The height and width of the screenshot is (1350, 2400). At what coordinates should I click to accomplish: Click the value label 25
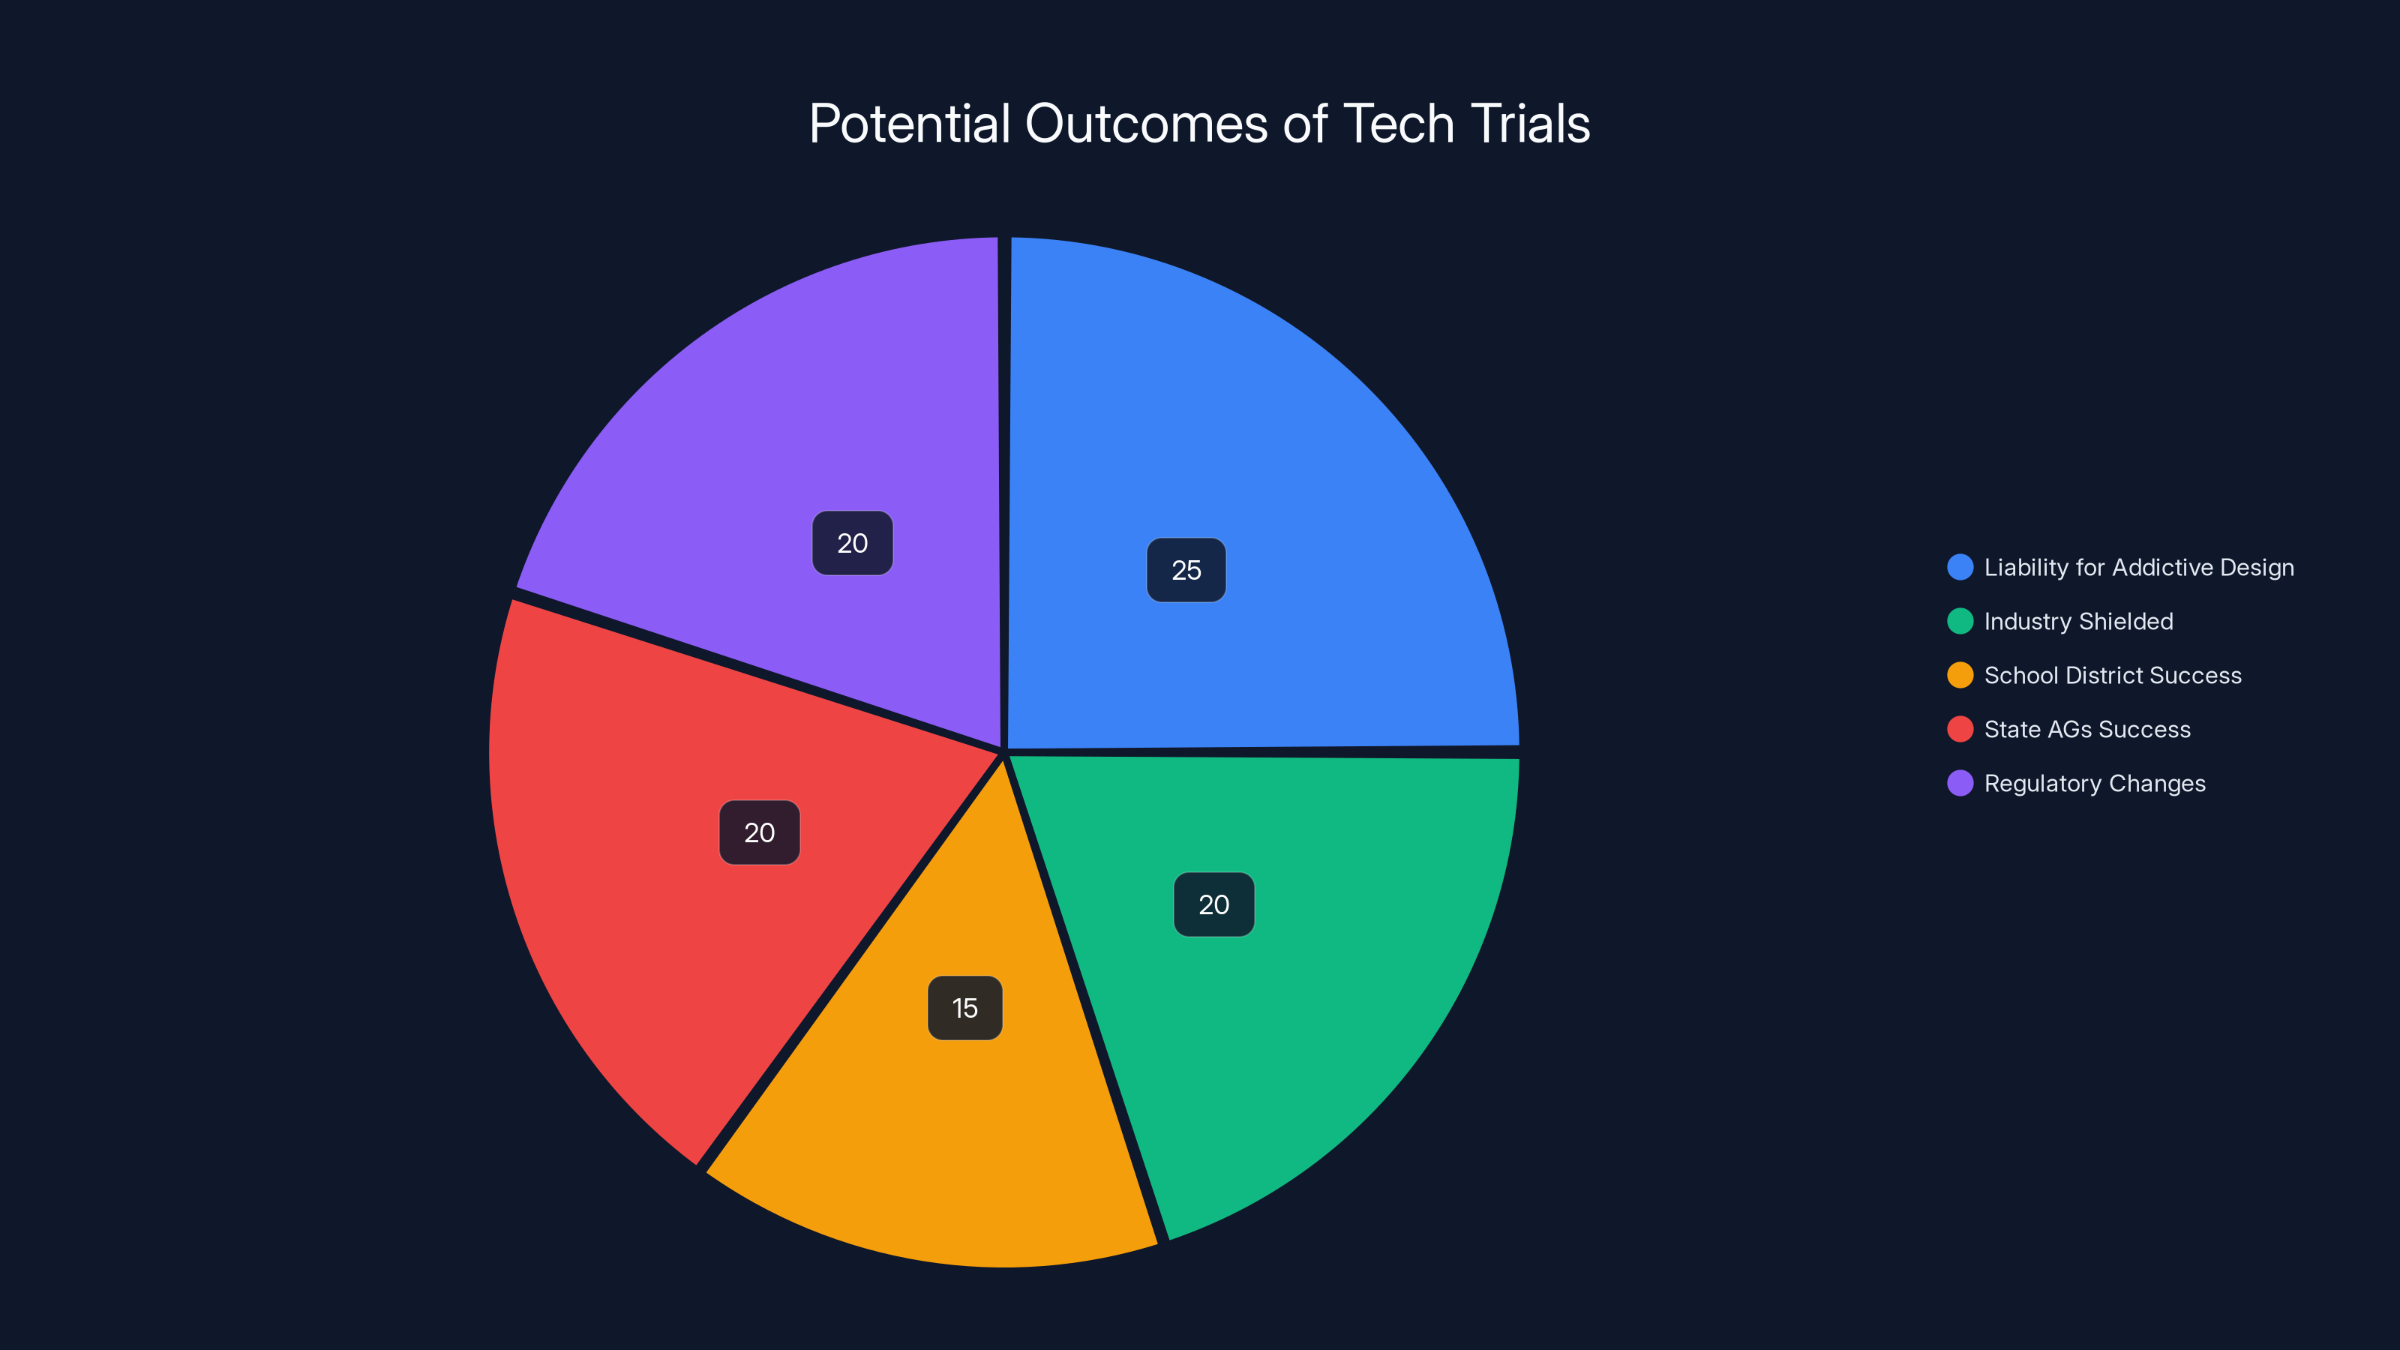(1186, 570)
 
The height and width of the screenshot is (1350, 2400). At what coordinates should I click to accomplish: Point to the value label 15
(965, 1008)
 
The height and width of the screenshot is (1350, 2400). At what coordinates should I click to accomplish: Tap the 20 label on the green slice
(1214, 904)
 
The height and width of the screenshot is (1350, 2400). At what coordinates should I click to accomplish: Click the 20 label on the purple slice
(853, 543)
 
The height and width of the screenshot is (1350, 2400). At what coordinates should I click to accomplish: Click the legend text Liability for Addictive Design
(2139, 568)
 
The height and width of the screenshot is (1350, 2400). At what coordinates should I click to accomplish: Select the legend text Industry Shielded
(2078, 622)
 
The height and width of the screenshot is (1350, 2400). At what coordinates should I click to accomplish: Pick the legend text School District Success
(2113, 676)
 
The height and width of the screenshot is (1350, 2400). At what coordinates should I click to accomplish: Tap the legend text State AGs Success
(2088, 730)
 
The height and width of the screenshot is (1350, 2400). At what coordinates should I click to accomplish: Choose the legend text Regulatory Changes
(2095, 784)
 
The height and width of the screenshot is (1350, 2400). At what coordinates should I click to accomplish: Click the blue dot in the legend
(1960, 568)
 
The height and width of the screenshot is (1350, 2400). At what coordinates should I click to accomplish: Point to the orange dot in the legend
(1960, 676)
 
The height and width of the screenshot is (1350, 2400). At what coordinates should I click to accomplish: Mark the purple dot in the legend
(1960, 784)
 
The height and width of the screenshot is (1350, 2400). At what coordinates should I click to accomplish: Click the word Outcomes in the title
(1146, 124)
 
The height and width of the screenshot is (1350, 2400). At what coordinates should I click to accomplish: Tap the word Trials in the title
(1530, 124)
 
